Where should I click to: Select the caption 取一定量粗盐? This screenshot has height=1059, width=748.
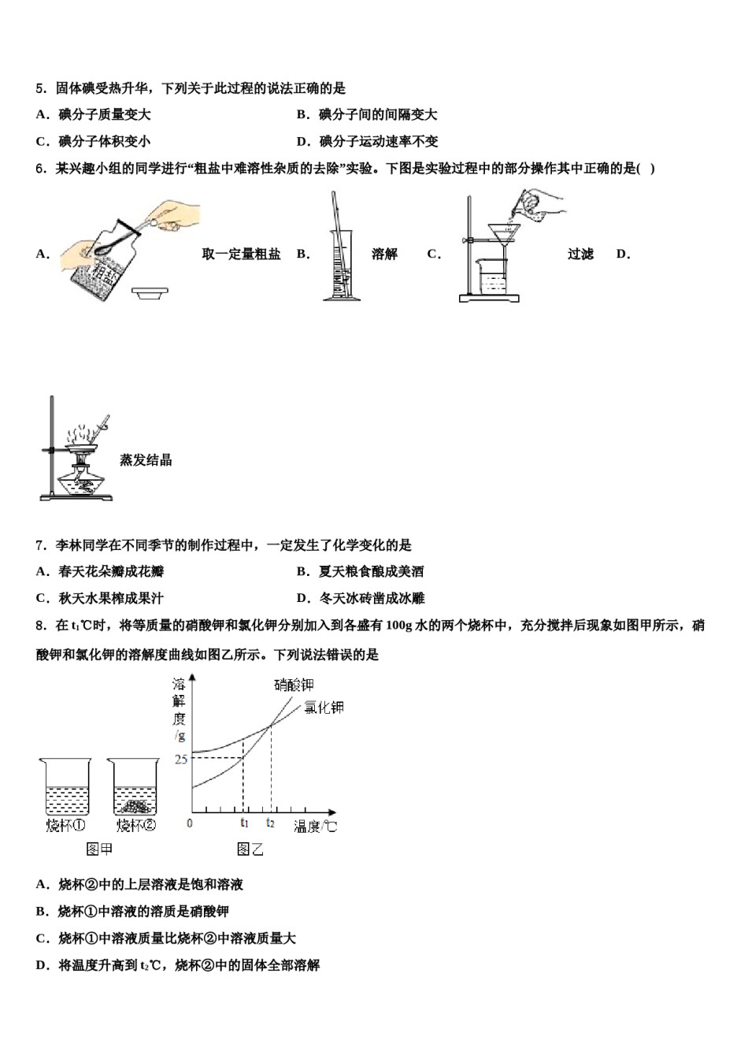pyautogui.click(x=241, y=254)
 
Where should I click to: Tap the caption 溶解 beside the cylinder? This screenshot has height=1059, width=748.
pyautogui.click(x=384, y=254)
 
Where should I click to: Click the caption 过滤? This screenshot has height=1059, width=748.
pyautogui.click(x=580, y=254)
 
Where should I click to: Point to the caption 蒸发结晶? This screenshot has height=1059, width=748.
pyautogui.click(x=146, y=460)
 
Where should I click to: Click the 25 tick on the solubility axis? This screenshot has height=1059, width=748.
pyautogui.click(x=181, y=759)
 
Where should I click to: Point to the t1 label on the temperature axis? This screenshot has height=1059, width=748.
pyautogui.click(x=244, y=823)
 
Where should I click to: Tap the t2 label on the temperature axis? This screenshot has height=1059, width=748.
pyautogui.click(x=270, y=823)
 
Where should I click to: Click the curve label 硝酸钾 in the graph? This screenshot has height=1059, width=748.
pyautogui.click(x=294, y=685)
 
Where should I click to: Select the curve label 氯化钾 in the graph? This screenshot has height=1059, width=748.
pyautogui.click(x=324, y=707)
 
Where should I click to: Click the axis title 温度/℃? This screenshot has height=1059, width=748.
pyautogui.click(x=315, y=826)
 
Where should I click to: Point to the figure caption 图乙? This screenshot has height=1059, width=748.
pyautogui.click(x=250, y=849)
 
